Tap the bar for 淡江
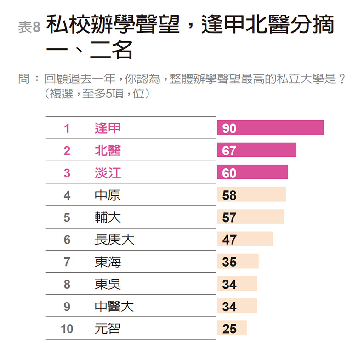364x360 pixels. [252, 172]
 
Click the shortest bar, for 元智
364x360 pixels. [232, 328]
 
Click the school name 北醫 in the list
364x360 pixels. [108, 150]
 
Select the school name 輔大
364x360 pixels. [108, 217]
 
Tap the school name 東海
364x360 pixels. [108, 262]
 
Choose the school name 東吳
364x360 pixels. [108, 284]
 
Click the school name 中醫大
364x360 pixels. [114, 306]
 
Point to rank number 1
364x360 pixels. [67, 128]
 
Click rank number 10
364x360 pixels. [67, 329]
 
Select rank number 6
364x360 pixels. [67, 240]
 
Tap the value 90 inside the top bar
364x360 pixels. [229, 128]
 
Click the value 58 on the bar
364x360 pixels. [229, 195]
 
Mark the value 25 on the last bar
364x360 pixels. [229, 329]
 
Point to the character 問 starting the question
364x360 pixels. [23, 79]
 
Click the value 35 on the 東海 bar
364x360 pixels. [229, 262]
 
